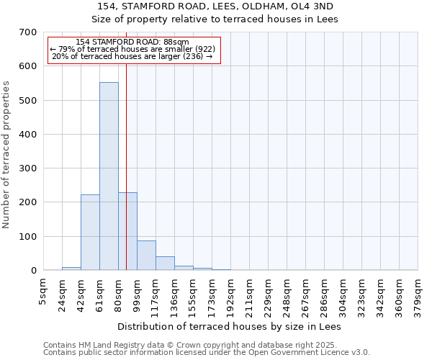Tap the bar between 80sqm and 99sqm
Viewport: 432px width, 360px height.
(127, 231)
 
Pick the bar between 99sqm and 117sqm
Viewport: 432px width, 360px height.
(146, 256)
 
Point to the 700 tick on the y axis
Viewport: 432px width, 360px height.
(29, 32)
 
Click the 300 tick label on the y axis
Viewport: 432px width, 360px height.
(29, 168)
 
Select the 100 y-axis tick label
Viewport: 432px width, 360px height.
(29, 236)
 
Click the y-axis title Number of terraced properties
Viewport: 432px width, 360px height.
(6, 155)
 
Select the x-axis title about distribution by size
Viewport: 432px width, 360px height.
(230, 327)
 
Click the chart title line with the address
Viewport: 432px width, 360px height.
(217, 6)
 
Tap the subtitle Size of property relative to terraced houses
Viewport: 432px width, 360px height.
(217, 19)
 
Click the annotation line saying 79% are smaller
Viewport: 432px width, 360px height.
(133, 49)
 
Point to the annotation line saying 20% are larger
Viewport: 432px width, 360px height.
(133, 56)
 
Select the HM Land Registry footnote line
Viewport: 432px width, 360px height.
(194, 346)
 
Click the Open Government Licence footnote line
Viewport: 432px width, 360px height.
(207, 353)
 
